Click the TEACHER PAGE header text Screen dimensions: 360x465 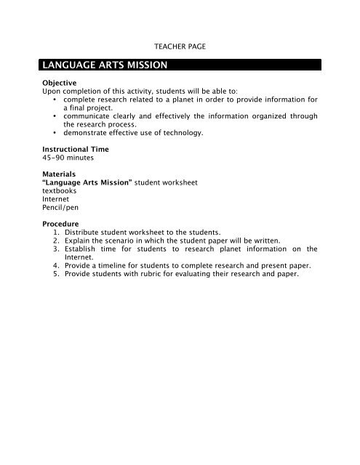point(179,46)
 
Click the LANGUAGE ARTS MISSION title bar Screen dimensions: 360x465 point(180,65)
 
